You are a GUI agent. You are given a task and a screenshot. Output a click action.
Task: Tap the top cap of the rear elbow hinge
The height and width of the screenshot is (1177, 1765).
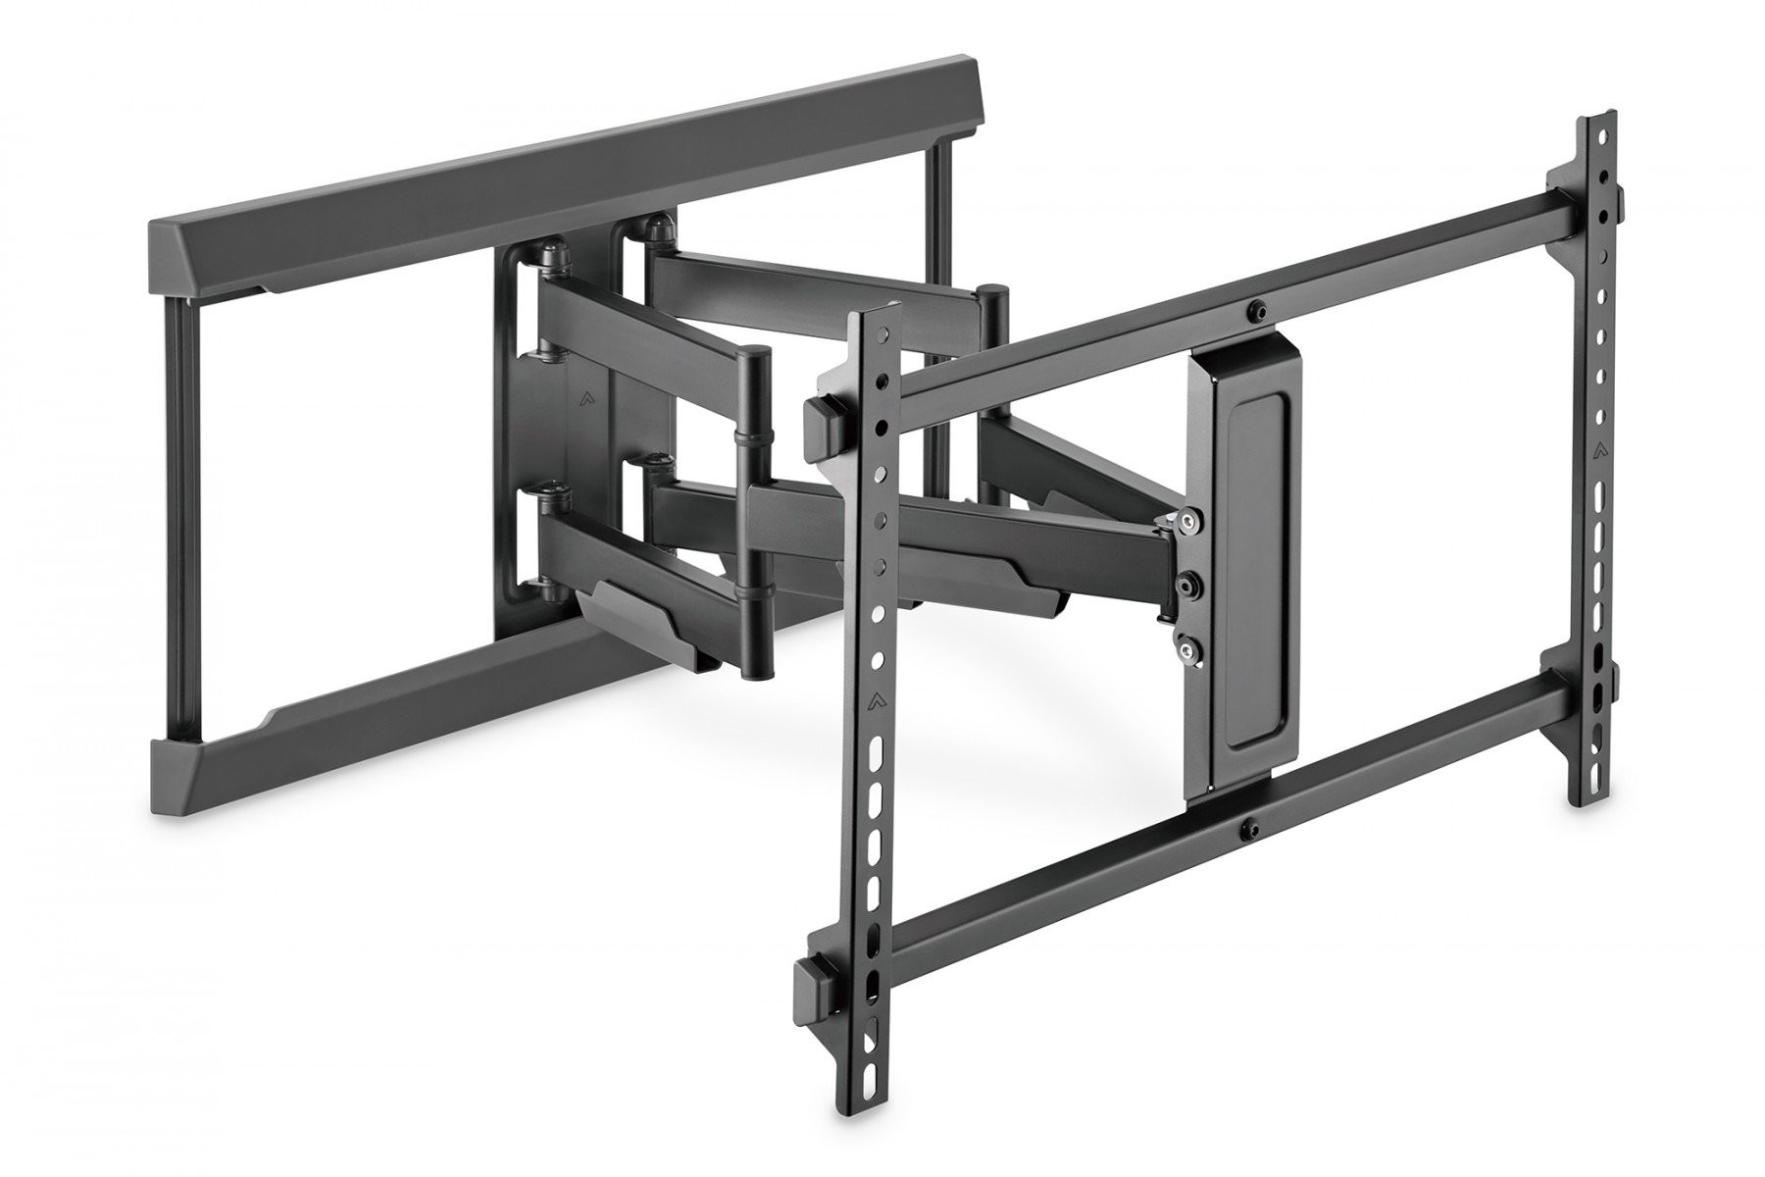(x=994, y=290)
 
